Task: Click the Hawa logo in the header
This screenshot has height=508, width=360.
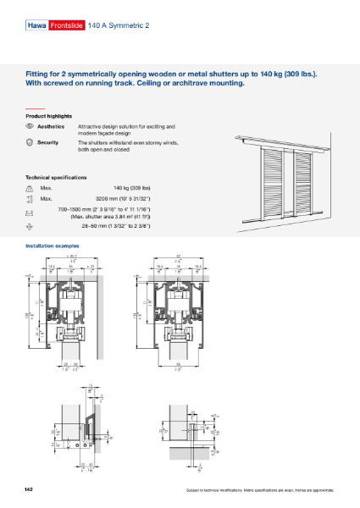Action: point(36,26)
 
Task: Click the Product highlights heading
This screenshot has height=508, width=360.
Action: point(48,115)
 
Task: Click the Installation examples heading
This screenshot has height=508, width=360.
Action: point(54,245)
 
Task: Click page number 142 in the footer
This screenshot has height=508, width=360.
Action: point(30,490)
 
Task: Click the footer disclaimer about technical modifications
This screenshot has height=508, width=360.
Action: point(259,491)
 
